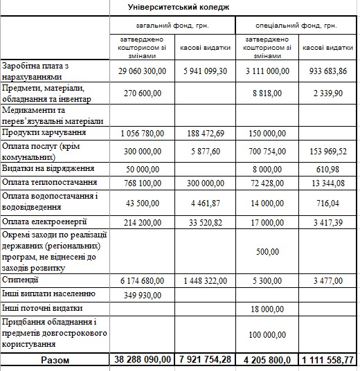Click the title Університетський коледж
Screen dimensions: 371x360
[179, 6]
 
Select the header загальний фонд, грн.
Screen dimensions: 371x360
[173, 26]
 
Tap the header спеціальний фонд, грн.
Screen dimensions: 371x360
[297, 26]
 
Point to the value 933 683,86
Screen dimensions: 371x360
[328, 71]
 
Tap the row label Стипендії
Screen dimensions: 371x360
[21, 281]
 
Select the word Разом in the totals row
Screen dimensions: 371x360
[55, 360]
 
